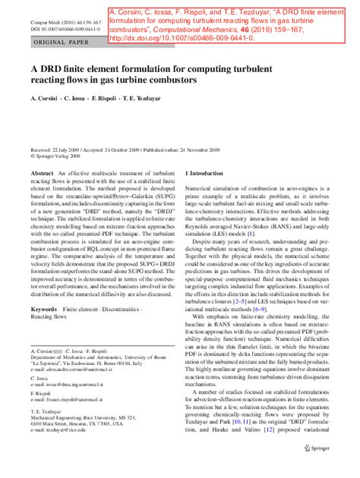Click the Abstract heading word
coord(42,174)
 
